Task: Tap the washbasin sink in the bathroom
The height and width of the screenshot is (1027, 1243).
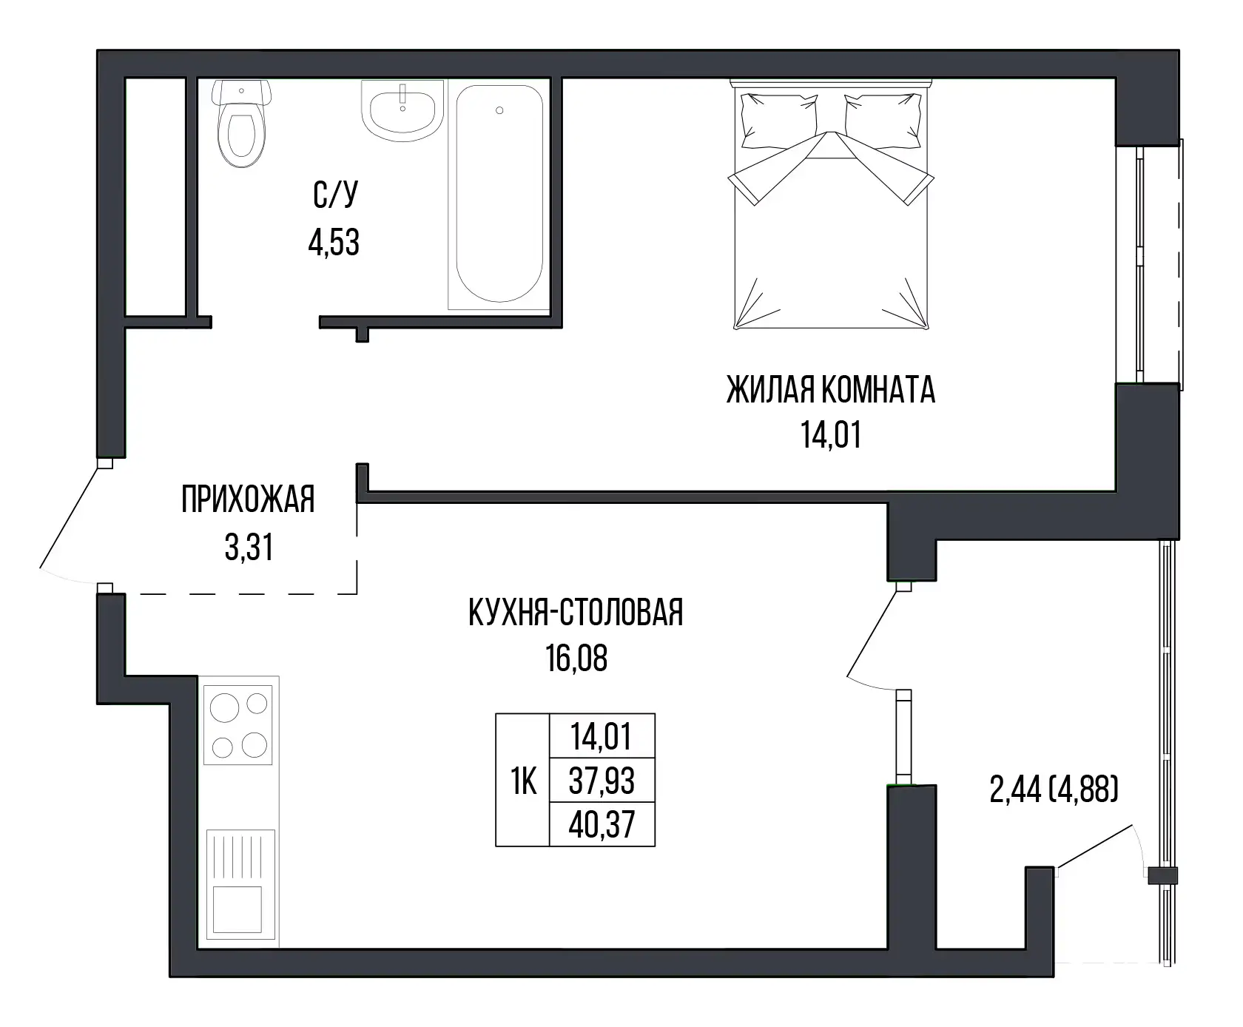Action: tap(402, 110)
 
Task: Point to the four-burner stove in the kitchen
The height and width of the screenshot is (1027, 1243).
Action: tap(238, 724)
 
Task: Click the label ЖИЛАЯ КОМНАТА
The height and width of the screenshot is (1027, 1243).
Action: tap(831, 391)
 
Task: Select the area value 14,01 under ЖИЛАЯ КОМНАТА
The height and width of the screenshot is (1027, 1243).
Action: tap(831, 435)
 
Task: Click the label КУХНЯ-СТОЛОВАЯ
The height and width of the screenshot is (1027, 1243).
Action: tap(576, 614)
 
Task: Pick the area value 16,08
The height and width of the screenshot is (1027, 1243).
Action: tap(576, 659)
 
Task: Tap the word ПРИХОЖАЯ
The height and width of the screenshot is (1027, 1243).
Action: tap(248, 500)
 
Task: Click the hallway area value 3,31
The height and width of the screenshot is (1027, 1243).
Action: tap(249, 548)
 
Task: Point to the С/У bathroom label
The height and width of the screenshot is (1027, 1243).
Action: tap(334, 196)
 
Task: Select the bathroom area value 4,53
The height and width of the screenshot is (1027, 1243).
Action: tap(334, 243)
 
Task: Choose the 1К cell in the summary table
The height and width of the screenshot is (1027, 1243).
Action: tap(523, 781)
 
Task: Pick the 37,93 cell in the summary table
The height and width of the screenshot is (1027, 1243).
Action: tap(602, 781)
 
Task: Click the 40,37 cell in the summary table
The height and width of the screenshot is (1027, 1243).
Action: tap(602, 824)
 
